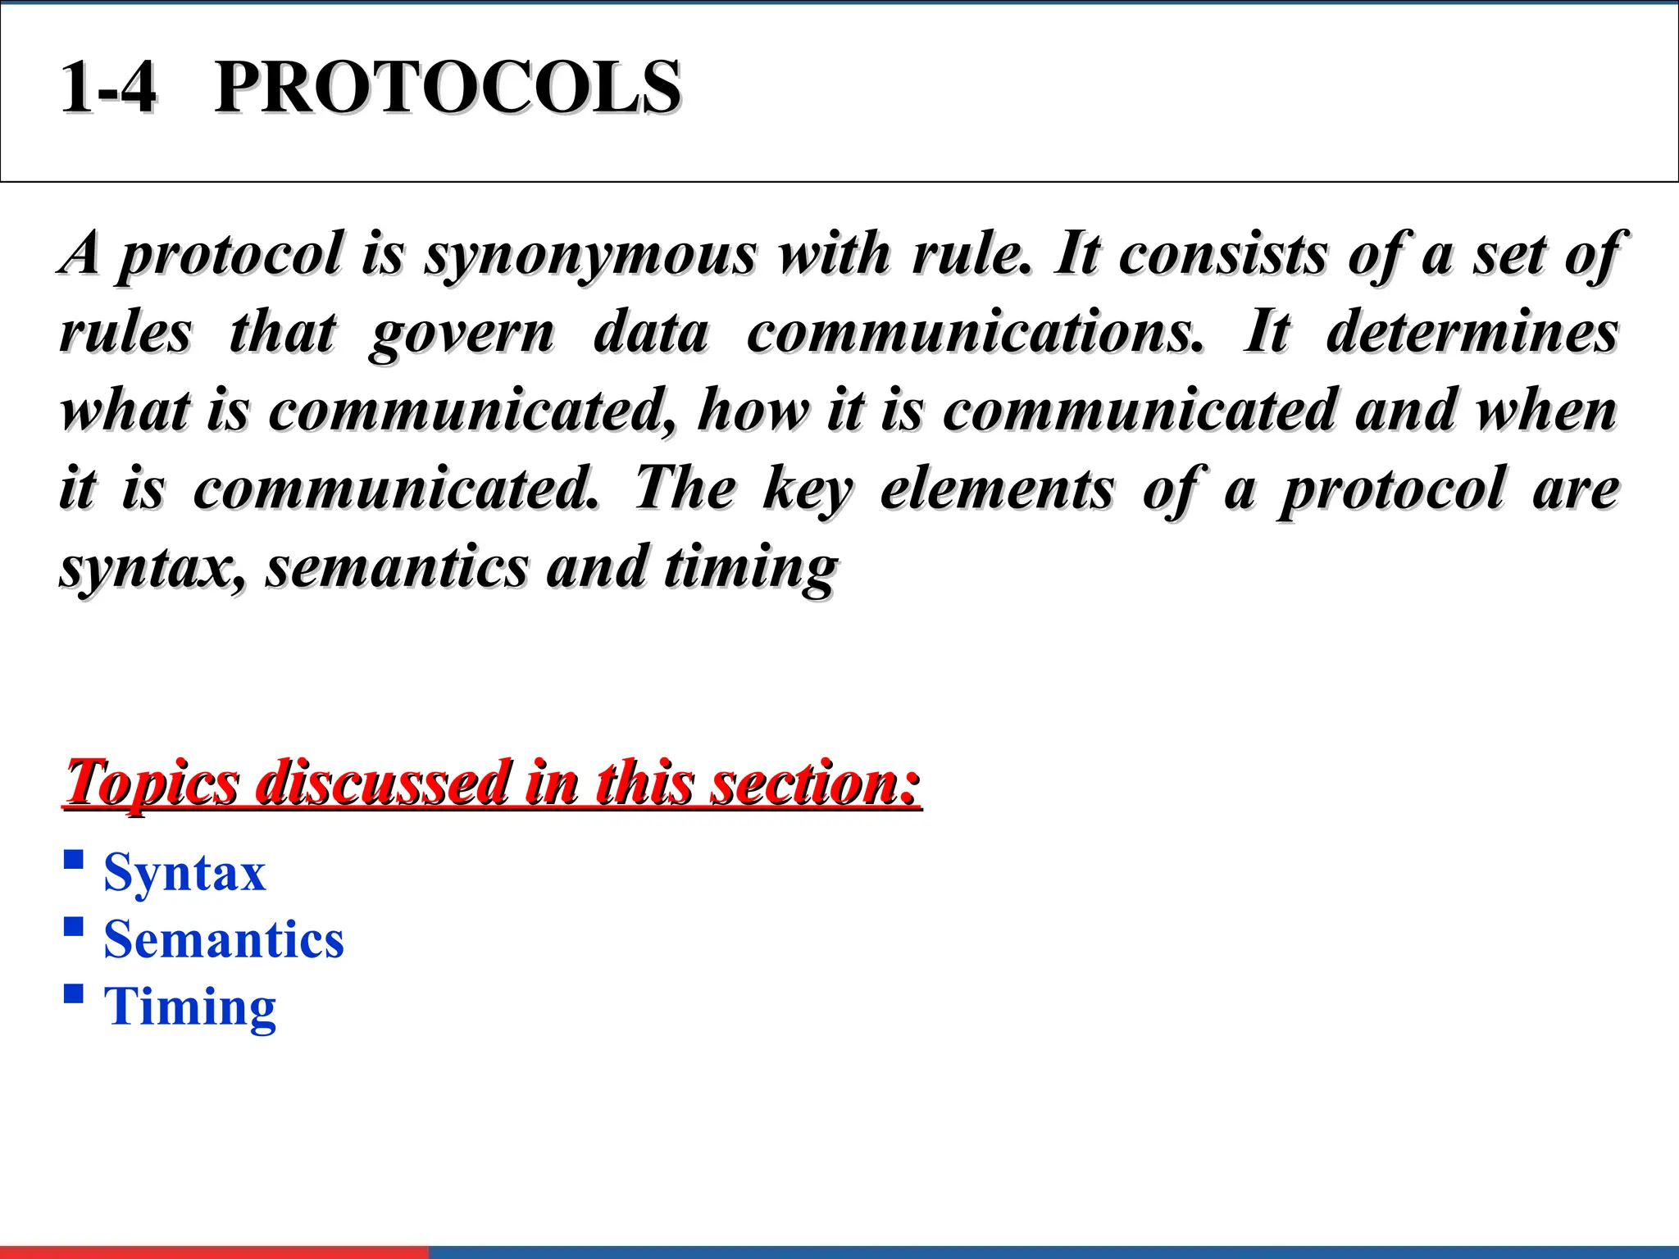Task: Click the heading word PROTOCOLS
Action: [447, 88]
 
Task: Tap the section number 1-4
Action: [108, 88]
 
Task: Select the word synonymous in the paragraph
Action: [590, 254]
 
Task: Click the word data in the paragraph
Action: [651, 333]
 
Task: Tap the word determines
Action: [1472, 333]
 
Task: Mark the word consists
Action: [1223, 254]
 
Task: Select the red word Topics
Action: [152, 784]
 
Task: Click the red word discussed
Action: [382, 782]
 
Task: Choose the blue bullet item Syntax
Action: [184, 872]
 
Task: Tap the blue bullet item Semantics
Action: [224, 939]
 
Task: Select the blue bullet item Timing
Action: [190, 1007]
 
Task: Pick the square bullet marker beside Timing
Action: [74, 994]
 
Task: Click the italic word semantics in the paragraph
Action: [397, 567]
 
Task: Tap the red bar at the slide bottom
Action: [213, 1252]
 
